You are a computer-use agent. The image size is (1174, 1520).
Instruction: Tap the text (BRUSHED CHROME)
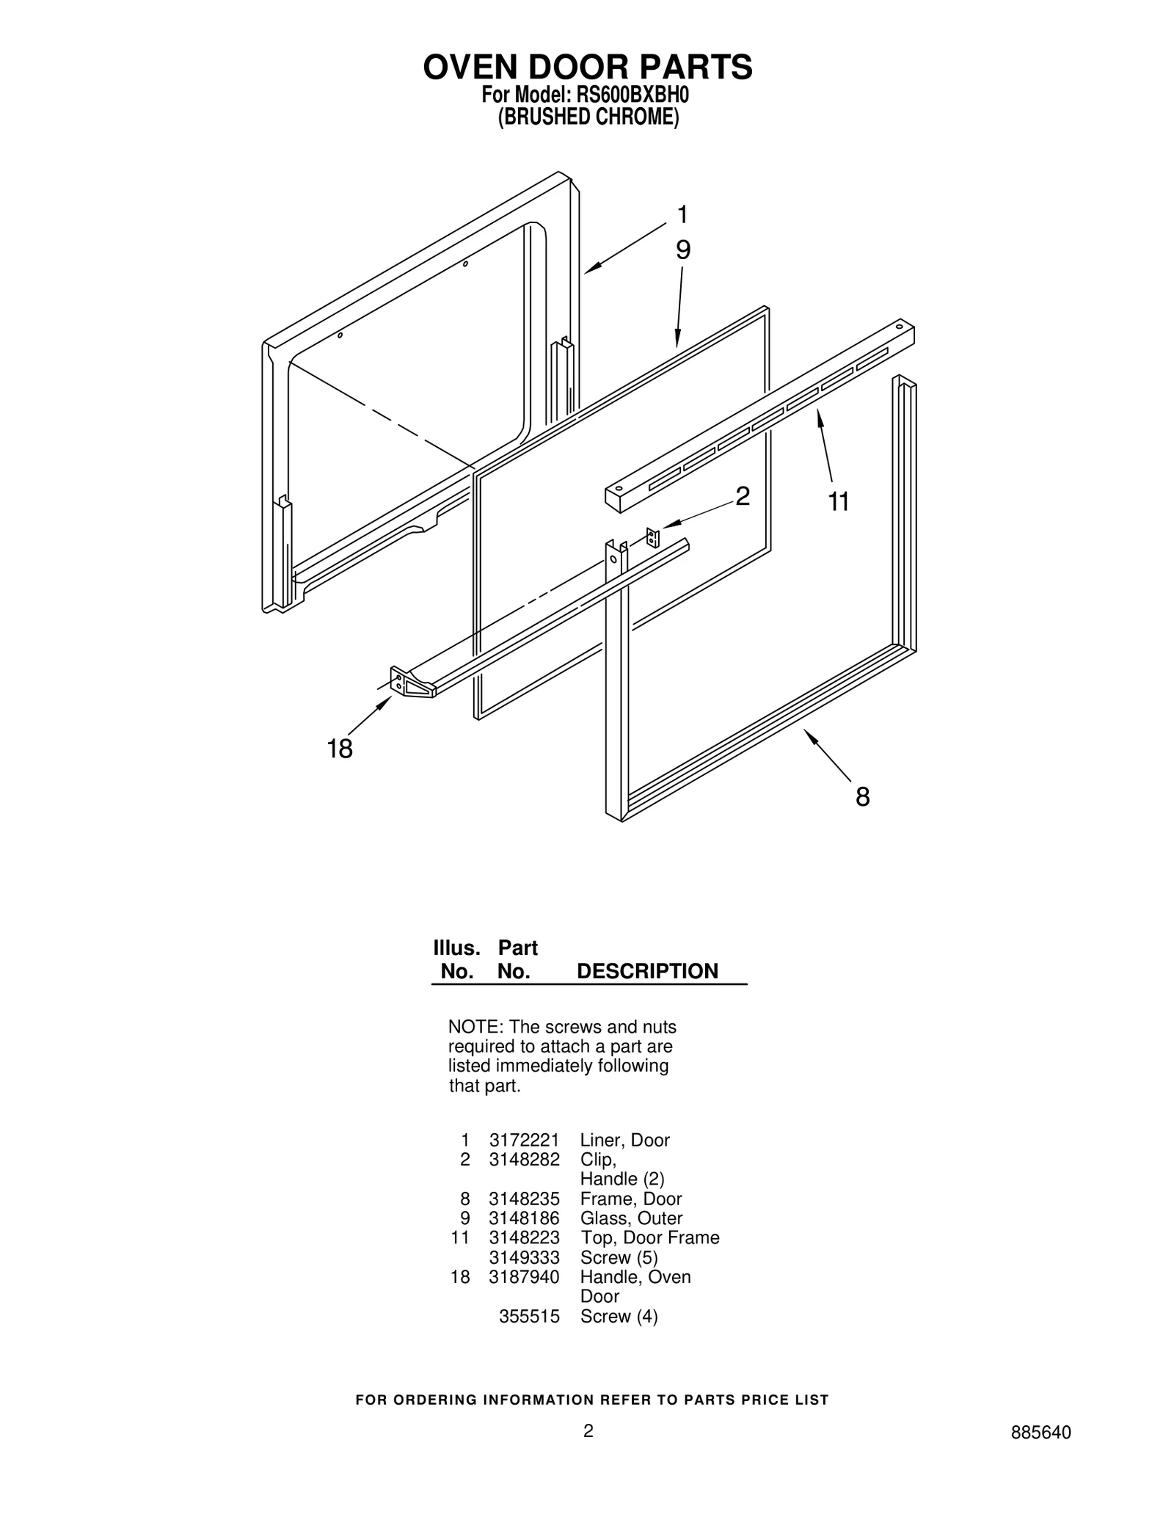pyautogui.click(x=588, y=117)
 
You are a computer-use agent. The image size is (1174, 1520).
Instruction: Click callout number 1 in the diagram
pyautogui.click(x=682, y=215)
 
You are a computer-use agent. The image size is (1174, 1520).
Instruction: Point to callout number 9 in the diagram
pyautogui.click(x=682, y=250)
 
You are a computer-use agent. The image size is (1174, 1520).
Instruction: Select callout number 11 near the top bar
pyautogui.click(x=838, y=502)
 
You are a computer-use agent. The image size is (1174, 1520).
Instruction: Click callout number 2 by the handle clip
pyautogui.click(x=743, y=497)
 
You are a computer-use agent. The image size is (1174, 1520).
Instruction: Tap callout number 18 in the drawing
pyautogui.click(x=340, y=749)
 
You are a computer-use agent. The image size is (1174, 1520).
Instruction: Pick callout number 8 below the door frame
pyautogui.click(x=862, y=797)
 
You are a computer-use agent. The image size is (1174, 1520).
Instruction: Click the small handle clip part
pyautogui.click(x=652, y=538)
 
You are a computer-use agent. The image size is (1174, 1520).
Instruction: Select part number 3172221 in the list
pyautogui.click(x=524, y=1140)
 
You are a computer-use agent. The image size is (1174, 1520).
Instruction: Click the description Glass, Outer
pyautogui.click(x=631, y=1218)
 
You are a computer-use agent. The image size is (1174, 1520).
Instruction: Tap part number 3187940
pyautogui.click(x=524, y=1276)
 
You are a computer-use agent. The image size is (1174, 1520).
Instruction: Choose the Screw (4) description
pyautogui.click(x=619, y=1316)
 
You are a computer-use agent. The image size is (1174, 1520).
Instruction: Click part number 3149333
pyautogui.click(x=524, y=1257)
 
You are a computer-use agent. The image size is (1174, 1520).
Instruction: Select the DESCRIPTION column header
pyautogui.click(x=647, y=971)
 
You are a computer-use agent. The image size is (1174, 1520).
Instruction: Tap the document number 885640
pyautogui.click(x=1040, y=1453)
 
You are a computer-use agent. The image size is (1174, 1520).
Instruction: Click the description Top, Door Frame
pyautogui.click(x=649, y=1237)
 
